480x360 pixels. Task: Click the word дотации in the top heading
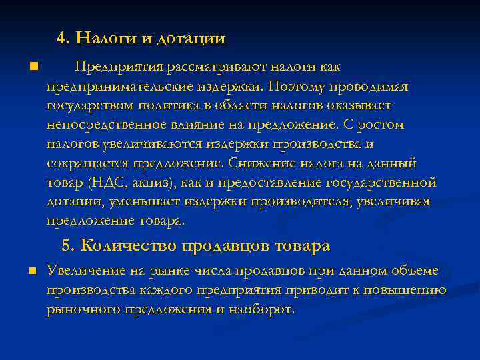coord(191,38)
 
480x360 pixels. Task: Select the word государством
coord(90,105)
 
